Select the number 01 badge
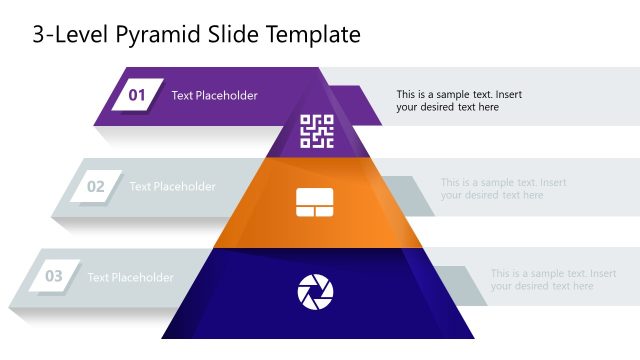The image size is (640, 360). (x=137, y=96)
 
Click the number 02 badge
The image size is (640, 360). (x=96, y=186)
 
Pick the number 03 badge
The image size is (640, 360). (x=54, y=276)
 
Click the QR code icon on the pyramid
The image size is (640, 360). (x=316, y=131)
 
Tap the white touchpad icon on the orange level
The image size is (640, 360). (x=315, y=203)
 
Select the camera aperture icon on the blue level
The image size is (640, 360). (x=315, y=292)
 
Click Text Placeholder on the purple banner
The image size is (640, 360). (x=214, y=96)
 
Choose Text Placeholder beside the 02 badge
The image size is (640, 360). (x=172, y=186)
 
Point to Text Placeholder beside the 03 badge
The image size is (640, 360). (x=130, y=277)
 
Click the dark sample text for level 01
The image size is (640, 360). (x=458, y=101)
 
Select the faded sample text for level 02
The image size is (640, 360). (x=503, y=189)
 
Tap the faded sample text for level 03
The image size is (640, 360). (x=553, y=280)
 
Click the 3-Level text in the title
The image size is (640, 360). (x=65, y=35)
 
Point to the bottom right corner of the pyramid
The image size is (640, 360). (x=474, y=338)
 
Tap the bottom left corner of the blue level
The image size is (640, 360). (x=161, y=338)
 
